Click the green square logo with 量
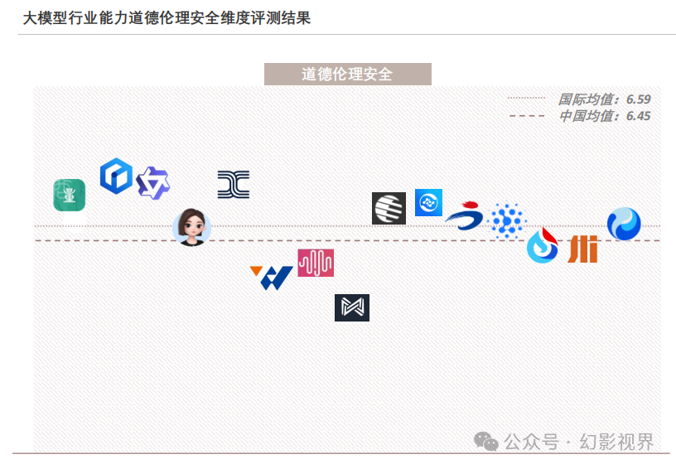[70, 195]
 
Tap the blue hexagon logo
[116, 176]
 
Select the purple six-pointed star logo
[152, 182]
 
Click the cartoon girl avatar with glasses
[191, 226]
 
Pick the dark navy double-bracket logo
[233, 185]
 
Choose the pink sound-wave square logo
[316, 263]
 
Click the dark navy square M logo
[351, 307]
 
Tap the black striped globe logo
[389, 208]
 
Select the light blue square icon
[428, 202]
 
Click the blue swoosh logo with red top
[464, 216]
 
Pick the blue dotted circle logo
[507, 221]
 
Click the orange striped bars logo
[582, 249]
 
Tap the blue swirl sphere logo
[623, 224]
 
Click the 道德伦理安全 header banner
[347, 74]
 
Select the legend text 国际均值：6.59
[604, 99]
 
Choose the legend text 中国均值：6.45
[604, 116]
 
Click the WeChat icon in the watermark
[486, 442]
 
